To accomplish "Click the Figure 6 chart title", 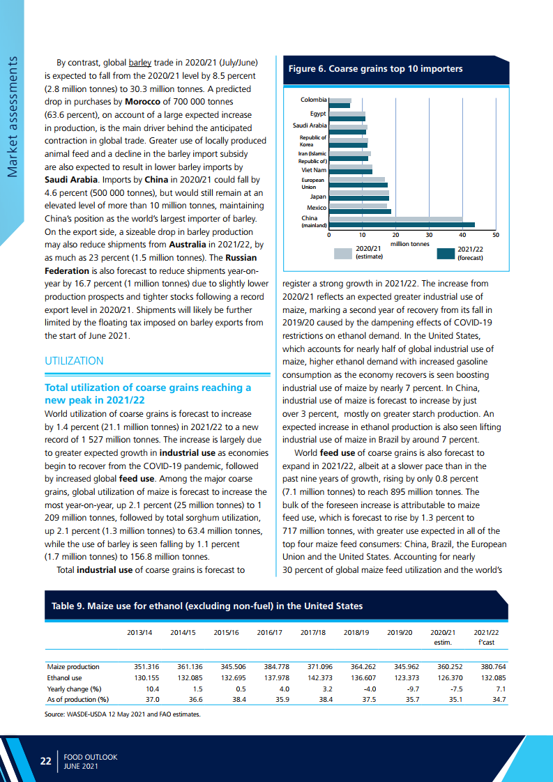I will pyautogui.click(x=375, y=69).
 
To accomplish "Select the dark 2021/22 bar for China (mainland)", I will pyautogui.click(x=401, y=224).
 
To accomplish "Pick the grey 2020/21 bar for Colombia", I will pyautogui.click(x=340, y=100).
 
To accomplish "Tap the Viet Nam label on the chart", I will pyautogui.click(x=314, y=170).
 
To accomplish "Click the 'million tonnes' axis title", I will pyautogui.click(x=409, y=244).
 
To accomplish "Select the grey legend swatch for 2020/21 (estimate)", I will pyautogui.click(x=343, y=254).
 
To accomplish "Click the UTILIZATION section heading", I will pyautogui.click(x=74, y=361).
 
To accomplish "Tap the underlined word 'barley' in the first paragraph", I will pyautogui.click(x=139, y=61).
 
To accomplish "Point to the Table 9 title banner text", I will pyautogui.click(x=207, y=606).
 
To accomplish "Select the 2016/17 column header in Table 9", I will pyautogui.click(x=270, y=632).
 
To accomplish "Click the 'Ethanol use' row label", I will pyautogui.click(x=64, y=677).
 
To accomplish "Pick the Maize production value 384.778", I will pyautogui.click(x=276, y=666).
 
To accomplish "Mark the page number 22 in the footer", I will pyautogui.click(x=46, y=761).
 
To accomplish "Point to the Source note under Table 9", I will pyautogui.click(x=122, y=714).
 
